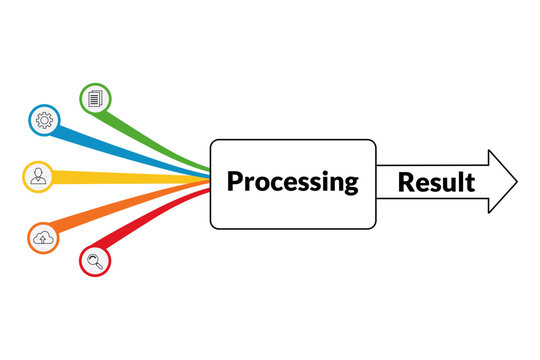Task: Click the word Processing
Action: tap(292, 182)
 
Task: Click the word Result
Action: tap(436, 182)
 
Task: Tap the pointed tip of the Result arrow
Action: tap(516, 182)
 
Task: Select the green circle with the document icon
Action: tap(95, 98)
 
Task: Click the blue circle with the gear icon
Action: tap(43, 120)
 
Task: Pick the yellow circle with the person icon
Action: tap(37, 176)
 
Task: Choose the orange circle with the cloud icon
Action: tap(43, 238)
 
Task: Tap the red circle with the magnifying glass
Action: tap(95, 262)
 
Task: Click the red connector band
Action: tap(150, 222)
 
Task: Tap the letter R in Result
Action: tap(406, 182)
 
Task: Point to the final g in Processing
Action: tap(349, 185)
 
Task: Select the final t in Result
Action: tap(470, 183)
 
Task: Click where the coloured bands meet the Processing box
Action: tap(209, 181)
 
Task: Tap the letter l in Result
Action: tap(460, 181)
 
